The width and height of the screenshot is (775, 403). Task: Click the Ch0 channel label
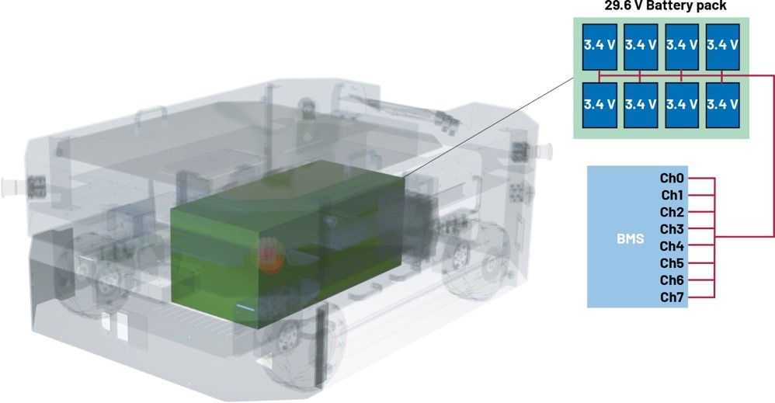pyautogui.click(x=672, y=178)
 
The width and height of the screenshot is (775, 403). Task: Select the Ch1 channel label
pyautogui.click(x=672, y=196)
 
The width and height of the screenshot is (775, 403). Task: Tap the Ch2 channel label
pyautogui.click(x=672, y=212)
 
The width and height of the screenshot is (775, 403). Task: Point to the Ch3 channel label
pyautogui.click(x=672, y=229)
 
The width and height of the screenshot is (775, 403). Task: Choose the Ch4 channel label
pyautogui.click(x=672, y=245)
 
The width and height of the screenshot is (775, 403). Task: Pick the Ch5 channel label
pyautogui.click(x=672, y=263)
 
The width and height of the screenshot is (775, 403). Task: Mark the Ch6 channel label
pyautogui.click(x=672, y=280)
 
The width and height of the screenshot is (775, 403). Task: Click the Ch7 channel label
pyautogui.click(x=672, y=297)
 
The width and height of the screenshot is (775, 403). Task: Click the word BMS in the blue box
pyautogui.click(x=631, y=239)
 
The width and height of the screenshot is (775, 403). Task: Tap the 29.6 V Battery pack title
pyautogui.click(x=666, y=5)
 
